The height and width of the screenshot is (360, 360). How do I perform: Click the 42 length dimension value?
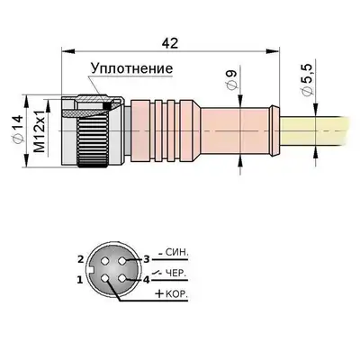(x=170, y=43)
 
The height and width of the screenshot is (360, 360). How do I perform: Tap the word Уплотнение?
(x=132, y=68)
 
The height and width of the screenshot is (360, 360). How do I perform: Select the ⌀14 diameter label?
(x=18, y=129)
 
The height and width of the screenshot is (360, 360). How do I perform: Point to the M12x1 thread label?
(x=40, y=130)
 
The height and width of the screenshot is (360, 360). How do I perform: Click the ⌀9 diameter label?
(x=231, y=79)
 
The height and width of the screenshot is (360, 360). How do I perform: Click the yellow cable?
(x=315, y=131)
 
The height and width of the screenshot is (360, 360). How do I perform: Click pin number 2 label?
(x=80, y=259)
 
